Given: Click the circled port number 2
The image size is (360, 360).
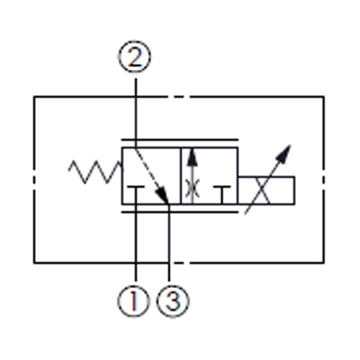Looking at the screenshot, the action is (135, 57).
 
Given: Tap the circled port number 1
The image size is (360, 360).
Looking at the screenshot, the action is (134, 301).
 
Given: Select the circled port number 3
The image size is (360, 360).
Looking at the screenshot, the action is (173, 301).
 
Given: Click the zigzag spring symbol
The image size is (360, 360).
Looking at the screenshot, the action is (95, 172).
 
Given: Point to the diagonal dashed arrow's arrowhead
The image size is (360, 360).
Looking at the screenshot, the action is (162, 195).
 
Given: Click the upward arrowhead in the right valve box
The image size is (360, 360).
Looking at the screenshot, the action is (192, 157).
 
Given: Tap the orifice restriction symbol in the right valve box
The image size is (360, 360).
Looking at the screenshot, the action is (192, 189).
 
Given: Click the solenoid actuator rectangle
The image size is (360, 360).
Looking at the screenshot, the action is (266, 190).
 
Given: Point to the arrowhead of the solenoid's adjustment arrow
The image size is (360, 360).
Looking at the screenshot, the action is (284, 153).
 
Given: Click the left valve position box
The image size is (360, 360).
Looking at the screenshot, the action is (151, 176).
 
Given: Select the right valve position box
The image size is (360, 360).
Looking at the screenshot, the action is (210, 176).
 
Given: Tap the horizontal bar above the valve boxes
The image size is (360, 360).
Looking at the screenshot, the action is (180, 140).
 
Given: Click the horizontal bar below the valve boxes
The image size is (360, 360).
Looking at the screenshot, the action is (180, 212).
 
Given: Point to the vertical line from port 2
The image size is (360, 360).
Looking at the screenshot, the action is (135, 113).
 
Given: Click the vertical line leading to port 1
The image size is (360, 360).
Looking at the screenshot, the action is (136, 243).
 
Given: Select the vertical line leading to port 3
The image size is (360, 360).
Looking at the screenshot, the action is (169, 243).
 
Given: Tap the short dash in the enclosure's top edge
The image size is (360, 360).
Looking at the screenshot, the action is (179, 97).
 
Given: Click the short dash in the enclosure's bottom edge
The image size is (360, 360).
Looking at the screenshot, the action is (179, 263).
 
